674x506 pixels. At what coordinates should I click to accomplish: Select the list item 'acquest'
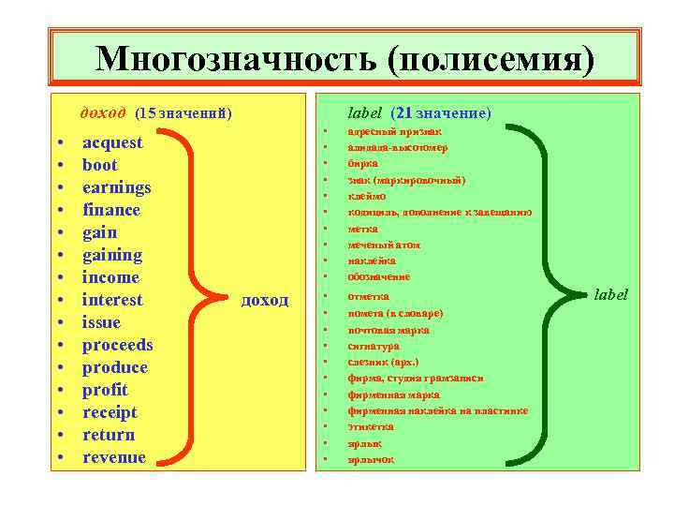[x=112, y=142]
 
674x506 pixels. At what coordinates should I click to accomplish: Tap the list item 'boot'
[x=100, y=165]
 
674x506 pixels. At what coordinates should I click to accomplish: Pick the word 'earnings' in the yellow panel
[x=116, y=187]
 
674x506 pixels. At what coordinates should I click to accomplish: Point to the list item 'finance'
[x=111, y=210]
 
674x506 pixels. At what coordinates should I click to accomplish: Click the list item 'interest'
[x=112, y=300]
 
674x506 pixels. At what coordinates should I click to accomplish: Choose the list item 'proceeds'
[x=117, y=345]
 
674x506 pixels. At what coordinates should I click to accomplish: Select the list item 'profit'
[x=105, y=390]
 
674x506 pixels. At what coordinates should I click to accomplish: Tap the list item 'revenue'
[x=114, y=457]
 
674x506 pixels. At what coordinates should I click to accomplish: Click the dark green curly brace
[x=557, y=296]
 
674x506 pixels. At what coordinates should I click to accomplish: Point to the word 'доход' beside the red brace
[x=265, y=301]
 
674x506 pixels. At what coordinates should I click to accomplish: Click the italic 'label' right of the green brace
[x=611, y=294]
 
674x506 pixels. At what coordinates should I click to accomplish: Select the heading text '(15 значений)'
[x=183, y=114]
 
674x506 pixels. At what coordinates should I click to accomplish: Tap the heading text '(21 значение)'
[x=441, y=113]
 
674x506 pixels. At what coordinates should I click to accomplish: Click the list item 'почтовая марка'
[x=388, y=330]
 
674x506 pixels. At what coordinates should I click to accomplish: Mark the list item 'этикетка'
[x=371, y=426]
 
